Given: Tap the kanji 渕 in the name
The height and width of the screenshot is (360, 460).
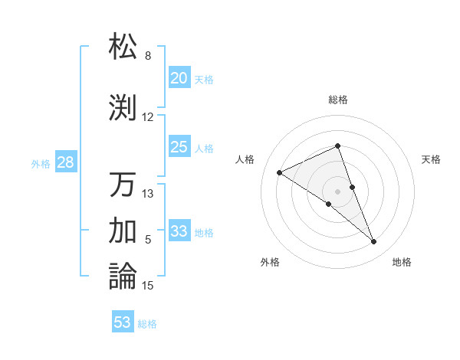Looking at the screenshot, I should [x=123, y=107].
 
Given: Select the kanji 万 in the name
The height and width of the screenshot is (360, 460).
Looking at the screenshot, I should [x=123, y=185].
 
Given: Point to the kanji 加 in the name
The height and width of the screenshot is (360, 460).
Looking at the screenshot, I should [x=123, y=230].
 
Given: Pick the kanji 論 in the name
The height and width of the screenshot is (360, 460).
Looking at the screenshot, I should [x=123, y=276].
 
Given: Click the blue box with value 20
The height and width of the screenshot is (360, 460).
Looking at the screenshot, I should [x=179, y=78].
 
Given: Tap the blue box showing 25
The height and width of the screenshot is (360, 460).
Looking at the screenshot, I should [x=179, y=147].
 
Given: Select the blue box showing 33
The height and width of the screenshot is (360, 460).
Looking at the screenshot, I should [x=179, y=231].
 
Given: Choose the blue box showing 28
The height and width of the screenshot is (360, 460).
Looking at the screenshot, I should [x=65, y=162].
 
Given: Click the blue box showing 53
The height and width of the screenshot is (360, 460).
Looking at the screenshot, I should [x=123, y=322].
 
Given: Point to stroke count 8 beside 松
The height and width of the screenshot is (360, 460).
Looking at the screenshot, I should [x=148, y=56].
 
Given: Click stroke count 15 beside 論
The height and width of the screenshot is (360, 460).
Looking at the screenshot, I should [x=148, y=286].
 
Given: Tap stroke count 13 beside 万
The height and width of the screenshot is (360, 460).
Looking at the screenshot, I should [x=148, y=194].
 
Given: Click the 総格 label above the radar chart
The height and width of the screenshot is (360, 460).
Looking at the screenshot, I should [x=337, y=100].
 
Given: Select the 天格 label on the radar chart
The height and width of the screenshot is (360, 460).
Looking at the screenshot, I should [x=431, y=159].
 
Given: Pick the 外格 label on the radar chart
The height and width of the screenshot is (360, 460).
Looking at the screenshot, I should [x=270, y=262].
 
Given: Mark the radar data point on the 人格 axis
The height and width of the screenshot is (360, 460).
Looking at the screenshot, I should [x=280, y=172].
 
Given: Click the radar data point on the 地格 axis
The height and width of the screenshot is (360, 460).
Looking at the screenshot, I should [x=374, y=242].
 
